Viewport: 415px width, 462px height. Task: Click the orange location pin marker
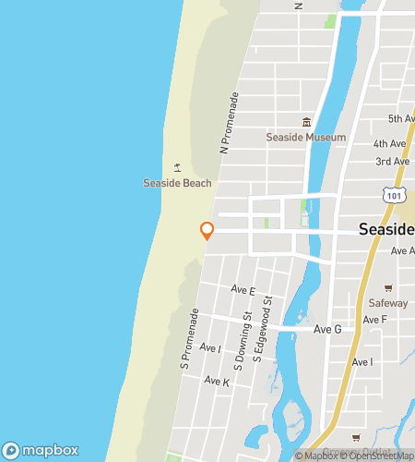click(x=207, y=230)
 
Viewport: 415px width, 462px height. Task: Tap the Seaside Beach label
click(x=177, y=183)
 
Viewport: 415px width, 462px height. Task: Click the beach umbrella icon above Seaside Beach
click(x=177, y=167)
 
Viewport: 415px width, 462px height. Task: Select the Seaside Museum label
click(x=305, y=138)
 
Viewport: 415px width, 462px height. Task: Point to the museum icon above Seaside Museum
click(x=306, y=122)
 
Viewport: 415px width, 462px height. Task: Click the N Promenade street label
click(x=229, y=122)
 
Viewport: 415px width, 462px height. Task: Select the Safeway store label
click(x=387, y=302)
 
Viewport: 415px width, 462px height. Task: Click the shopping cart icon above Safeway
click(x=388, y=286)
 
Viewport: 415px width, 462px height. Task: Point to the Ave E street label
click(x=243, y=290)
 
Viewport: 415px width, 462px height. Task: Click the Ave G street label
click(x=327, y=329)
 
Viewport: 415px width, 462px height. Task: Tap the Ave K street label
click(x=217, y=381)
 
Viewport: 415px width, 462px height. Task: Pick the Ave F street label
click(x=375, y=320)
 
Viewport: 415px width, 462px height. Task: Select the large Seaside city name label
click(x=385, y=229)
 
